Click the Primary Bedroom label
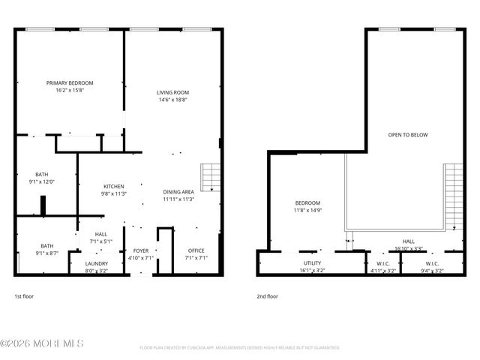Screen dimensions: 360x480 pyautogui.click(x=70, y=83)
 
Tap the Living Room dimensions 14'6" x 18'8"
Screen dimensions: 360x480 pyautogui.click(x=172, y=100)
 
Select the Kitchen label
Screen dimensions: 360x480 pyautogui.click(x=114, y=186)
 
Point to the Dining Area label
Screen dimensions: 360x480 pyautogui.click(x=178, y=192)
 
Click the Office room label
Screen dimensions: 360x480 pyautogui.click(x=196, y=250)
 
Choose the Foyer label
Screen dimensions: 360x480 pyautogui.click(x=142, y=250)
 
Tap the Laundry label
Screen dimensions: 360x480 pyautogui.click(x=96, y=263)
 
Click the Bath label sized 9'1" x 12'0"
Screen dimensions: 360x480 pyautogui.click(x=41, y=174)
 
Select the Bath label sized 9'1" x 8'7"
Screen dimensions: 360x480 pyautogui.click(x=47, y=245)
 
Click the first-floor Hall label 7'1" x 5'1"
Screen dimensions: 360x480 pyautogui.click(x=100, y=234)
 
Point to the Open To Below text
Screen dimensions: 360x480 pyautogui.click(x=407, y=135)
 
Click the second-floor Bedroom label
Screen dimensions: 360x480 pyautogui.click(x=307, y=203)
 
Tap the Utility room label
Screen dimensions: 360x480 pyautogui.click(x=311, y=263)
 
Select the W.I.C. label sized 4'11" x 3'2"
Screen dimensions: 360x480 pyautogui.click(x=382, y=263)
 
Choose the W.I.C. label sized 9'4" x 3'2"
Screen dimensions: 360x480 pyautogui.click(x=432, y=263)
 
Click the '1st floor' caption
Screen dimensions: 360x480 pyautogui.click(x=24, y=296)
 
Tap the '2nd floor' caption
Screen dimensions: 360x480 pyautogui.click(x=268, y=296)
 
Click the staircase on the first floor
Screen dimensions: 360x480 pyautogui.click(x=211, y=177)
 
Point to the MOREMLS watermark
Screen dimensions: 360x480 pyautogui.click(x=42, y=343)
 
